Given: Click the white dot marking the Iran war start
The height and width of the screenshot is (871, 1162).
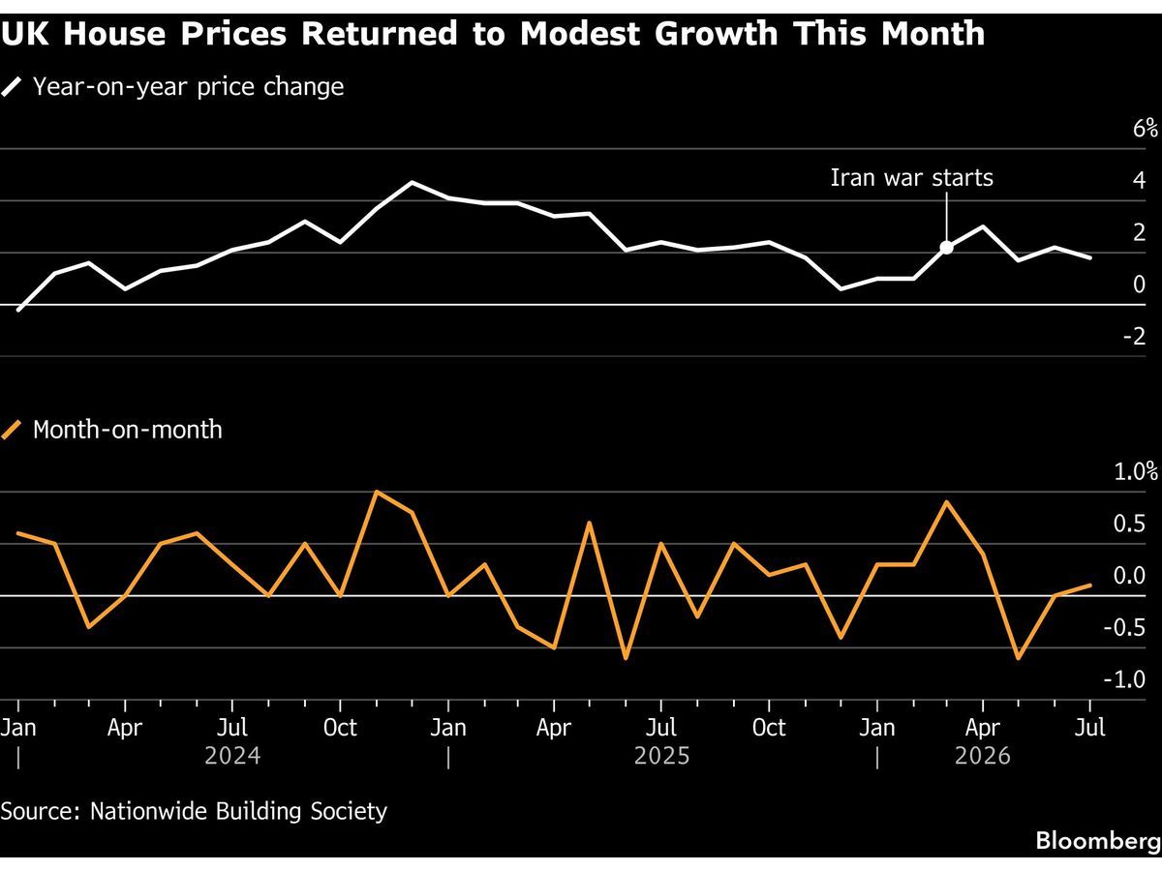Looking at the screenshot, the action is (x=946, y=247).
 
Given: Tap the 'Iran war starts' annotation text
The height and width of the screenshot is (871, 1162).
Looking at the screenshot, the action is (x=911, y=178).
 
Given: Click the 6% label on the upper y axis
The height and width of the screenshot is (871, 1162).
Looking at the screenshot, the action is (x=1146, y=129).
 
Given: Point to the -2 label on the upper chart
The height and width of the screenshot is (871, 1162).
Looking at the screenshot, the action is (x=1135, y=336).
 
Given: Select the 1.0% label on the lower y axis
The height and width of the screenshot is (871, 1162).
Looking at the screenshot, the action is (x=1136, y=471).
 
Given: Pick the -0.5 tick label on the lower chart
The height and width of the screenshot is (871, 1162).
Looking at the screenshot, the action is (x=1124, y=628).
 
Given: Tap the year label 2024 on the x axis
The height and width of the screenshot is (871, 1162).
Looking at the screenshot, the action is (x=232, y=756).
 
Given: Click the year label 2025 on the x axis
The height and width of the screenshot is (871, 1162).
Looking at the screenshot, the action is (x=661, y=756).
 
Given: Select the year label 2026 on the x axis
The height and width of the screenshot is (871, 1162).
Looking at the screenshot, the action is (x=983, y=756).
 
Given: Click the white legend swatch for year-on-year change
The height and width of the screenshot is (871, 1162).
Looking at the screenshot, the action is (x=12, y=87).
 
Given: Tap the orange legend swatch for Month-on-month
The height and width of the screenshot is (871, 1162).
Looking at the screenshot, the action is (x=12, y=430).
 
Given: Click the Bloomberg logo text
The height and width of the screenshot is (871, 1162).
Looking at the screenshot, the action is (x=1098, y=840).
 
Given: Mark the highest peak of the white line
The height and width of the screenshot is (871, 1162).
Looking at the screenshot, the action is (x=413, y=183).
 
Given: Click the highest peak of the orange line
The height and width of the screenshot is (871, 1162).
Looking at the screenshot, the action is (x=377, y=492).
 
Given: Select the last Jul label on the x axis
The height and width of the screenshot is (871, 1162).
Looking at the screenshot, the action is (x=1090, y=728).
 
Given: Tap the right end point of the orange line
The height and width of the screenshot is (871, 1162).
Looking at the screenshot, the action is (x=1090, y=585).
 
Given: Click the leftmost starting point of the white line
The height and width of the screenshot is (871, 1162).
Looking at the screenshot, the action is (x=18, y=310).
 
